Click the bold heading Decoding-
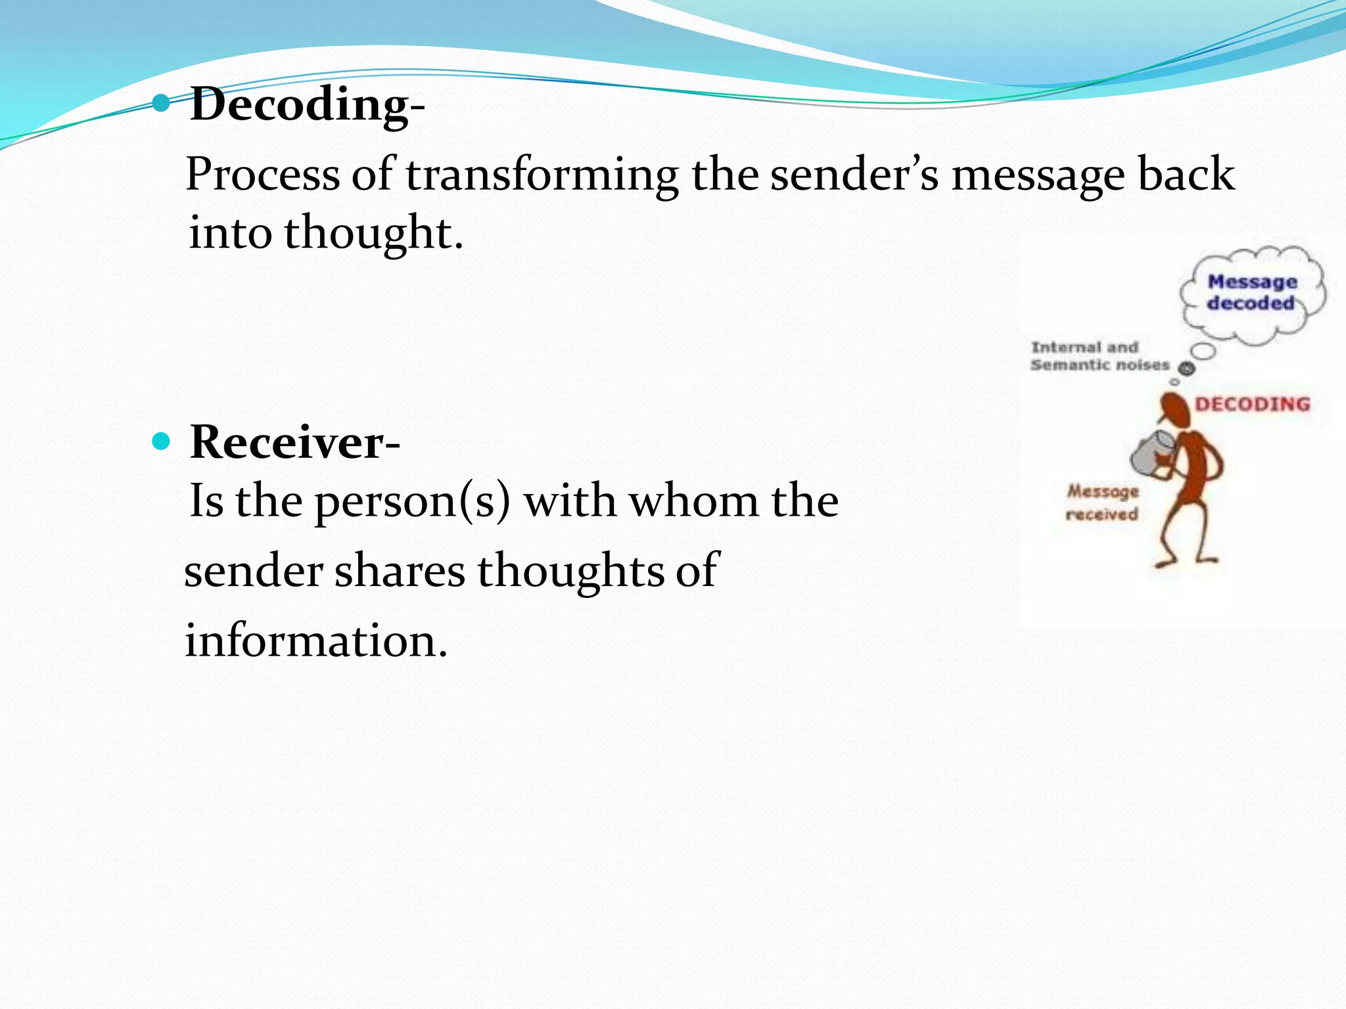point(307,105)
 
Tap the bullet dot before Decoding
point(161,102)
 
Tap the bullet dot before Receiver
point(161,441)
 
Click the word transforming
point(542,176)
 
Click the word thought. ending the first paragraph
point(373,233)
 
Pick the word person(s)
point(412,502)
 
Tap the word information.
point(315,640)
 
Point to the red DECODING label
point(1252,404)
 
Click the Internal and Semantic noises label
point(1099,356)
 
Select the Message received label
point(1102,503)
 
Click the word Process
point(262,176)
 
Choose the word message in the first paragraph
point(1038,176)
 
